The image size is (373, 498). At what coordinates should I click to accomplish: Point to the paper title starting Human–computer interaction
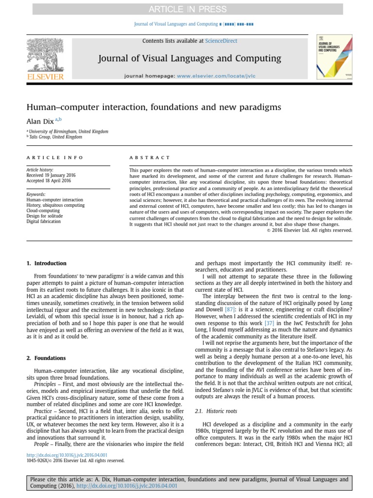click(x=153, y=107)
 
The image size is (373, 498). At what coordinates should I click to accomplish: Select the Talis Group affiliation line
click(x=55, y=137)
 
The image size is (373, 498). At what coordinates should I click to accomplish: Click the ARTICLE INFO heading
click(x=55, y=158)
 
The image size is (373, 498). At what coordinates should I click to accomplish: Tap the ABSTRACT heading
click(x=150, y=158)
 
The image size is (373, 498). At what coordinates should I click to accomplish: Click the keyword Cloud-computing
click(x=43, y=211)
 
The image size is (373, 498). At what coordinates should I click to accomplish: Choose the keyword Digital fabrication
click(x=43, y=221)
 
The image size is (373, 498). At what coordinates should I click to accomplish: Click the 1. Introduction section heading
click(x=47, y=264)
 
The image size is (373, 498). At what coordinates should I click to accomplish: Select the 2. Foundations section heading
click(x=46, y=358)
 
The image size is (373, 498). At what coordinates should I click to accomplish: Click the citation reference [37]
click(x=269, y=323)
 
